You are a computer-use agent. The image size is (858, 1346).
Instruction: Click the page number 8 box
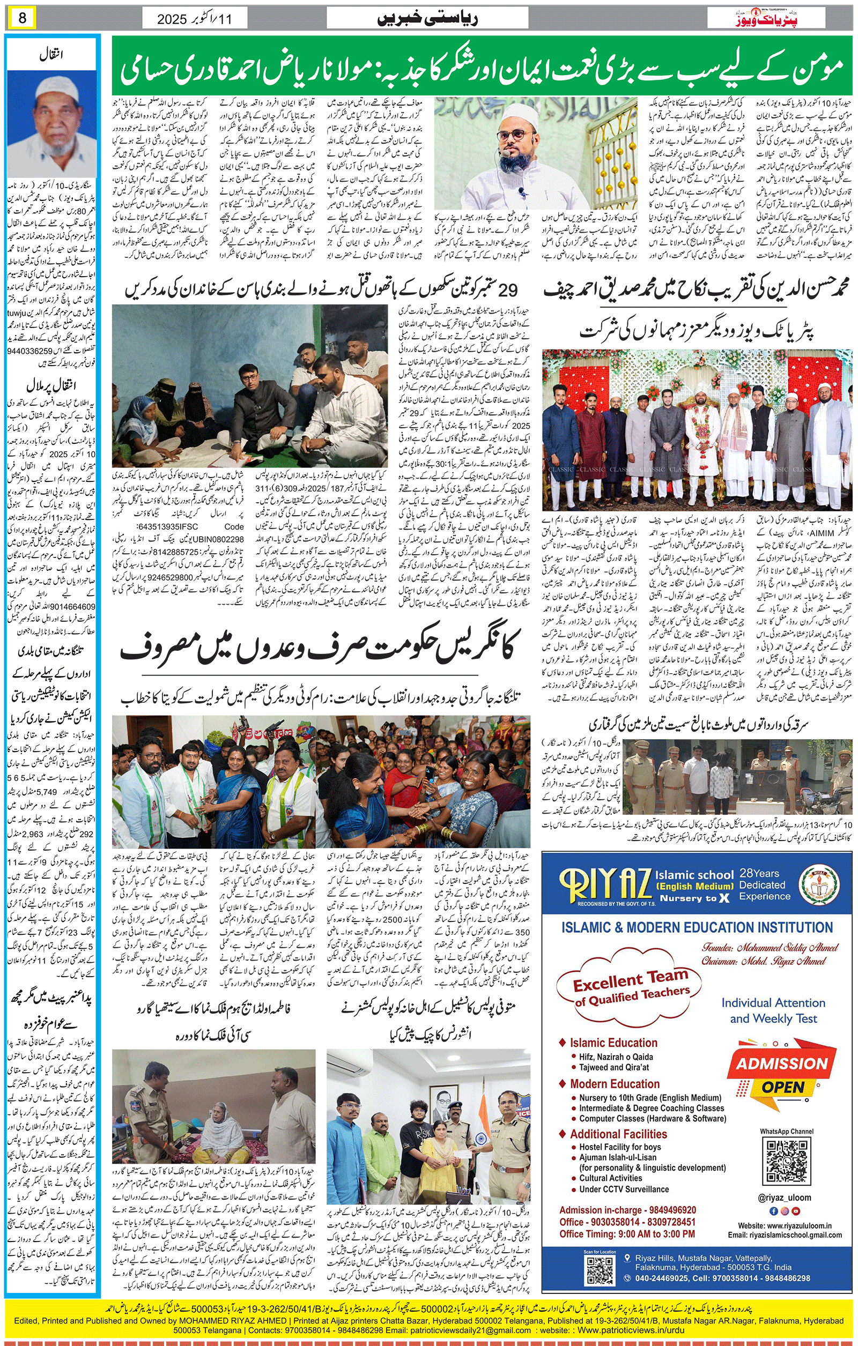coord(22,18)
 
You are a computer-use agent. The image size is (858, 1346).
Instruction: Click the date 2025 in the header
coord(172,19)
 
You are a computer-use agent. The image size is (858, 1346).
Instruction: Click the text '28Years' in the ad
coord(759,873)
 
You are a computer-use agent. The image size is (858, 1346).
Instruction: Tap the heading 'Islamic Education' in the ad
coord(613,1043)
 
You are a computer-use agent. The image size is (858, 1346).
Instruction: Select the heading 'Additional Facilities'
coord(618,1134)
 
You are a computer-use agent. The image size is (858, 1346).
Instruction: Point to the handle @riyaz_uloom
coord(784,1198)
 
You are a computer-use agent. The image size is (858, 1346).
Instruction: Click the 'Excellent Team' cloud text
coord(630,983)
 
